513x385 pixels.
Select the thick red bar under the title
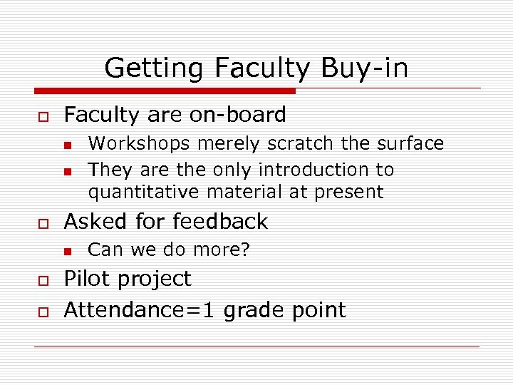[165, 91]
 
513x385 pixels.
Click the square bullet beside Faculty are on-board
[42, 115]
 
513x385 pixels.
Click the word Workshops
[140, 144]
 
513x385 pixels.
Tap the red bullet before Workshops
[66, 145]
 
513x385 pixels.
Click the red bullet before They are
[66, 171]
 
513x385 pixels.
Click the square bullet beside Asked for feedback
[42, 222]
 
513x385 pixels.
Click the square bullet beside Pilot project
[42, 279]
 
